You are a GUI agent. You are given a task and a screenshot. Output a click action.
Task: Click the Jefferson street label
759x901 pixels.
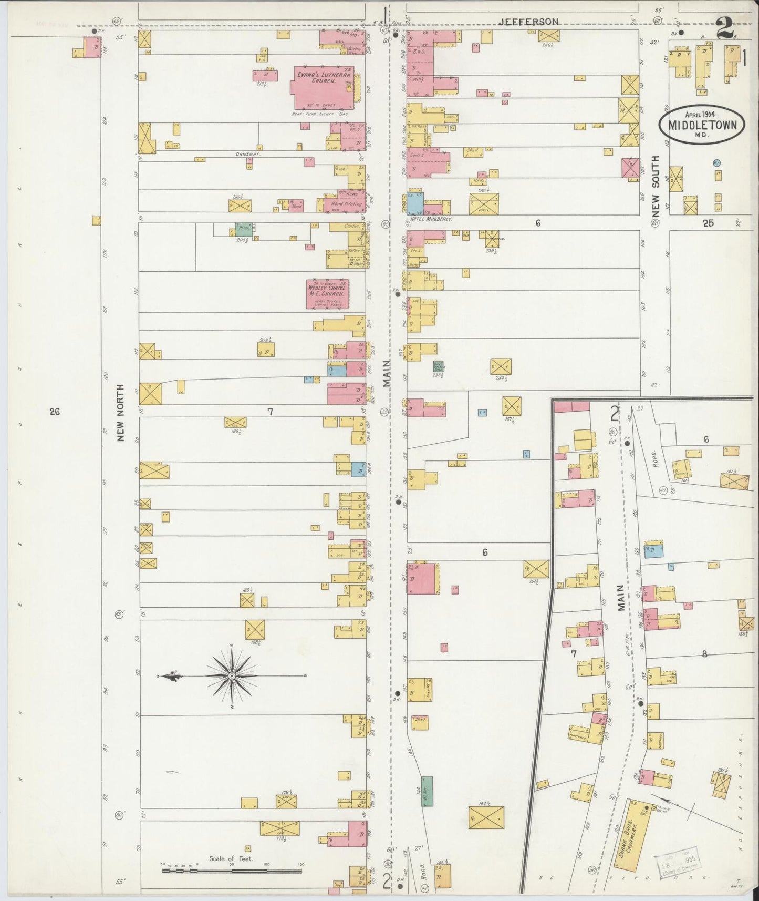click(x=528, y=22)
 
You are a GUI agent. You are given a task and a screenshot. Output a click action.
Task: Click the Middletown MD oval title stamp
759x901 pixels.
click(x=702, y=124)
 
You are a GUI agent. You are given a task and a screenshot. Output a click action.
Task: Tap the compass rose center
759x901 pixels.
click(x=231, y=675)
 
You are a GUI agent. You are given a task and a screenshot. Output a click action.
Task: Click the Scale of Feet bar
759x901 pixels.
click(x=231, y=871)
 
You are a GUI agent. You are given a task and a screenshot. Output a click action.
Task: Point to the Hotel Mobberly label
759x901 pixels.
click(x=433, y=218)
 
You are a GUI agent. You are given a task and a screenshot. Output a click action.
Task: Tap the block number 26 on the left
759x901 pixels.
click(x=54, y=412)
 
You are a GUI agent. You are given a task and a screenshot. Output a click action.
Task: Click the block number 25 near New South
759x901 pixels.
click(x=708, y=223)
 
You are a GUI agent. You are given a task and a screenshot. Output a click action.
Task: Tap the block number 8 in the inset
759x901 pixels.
click(x=704, y=654)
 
